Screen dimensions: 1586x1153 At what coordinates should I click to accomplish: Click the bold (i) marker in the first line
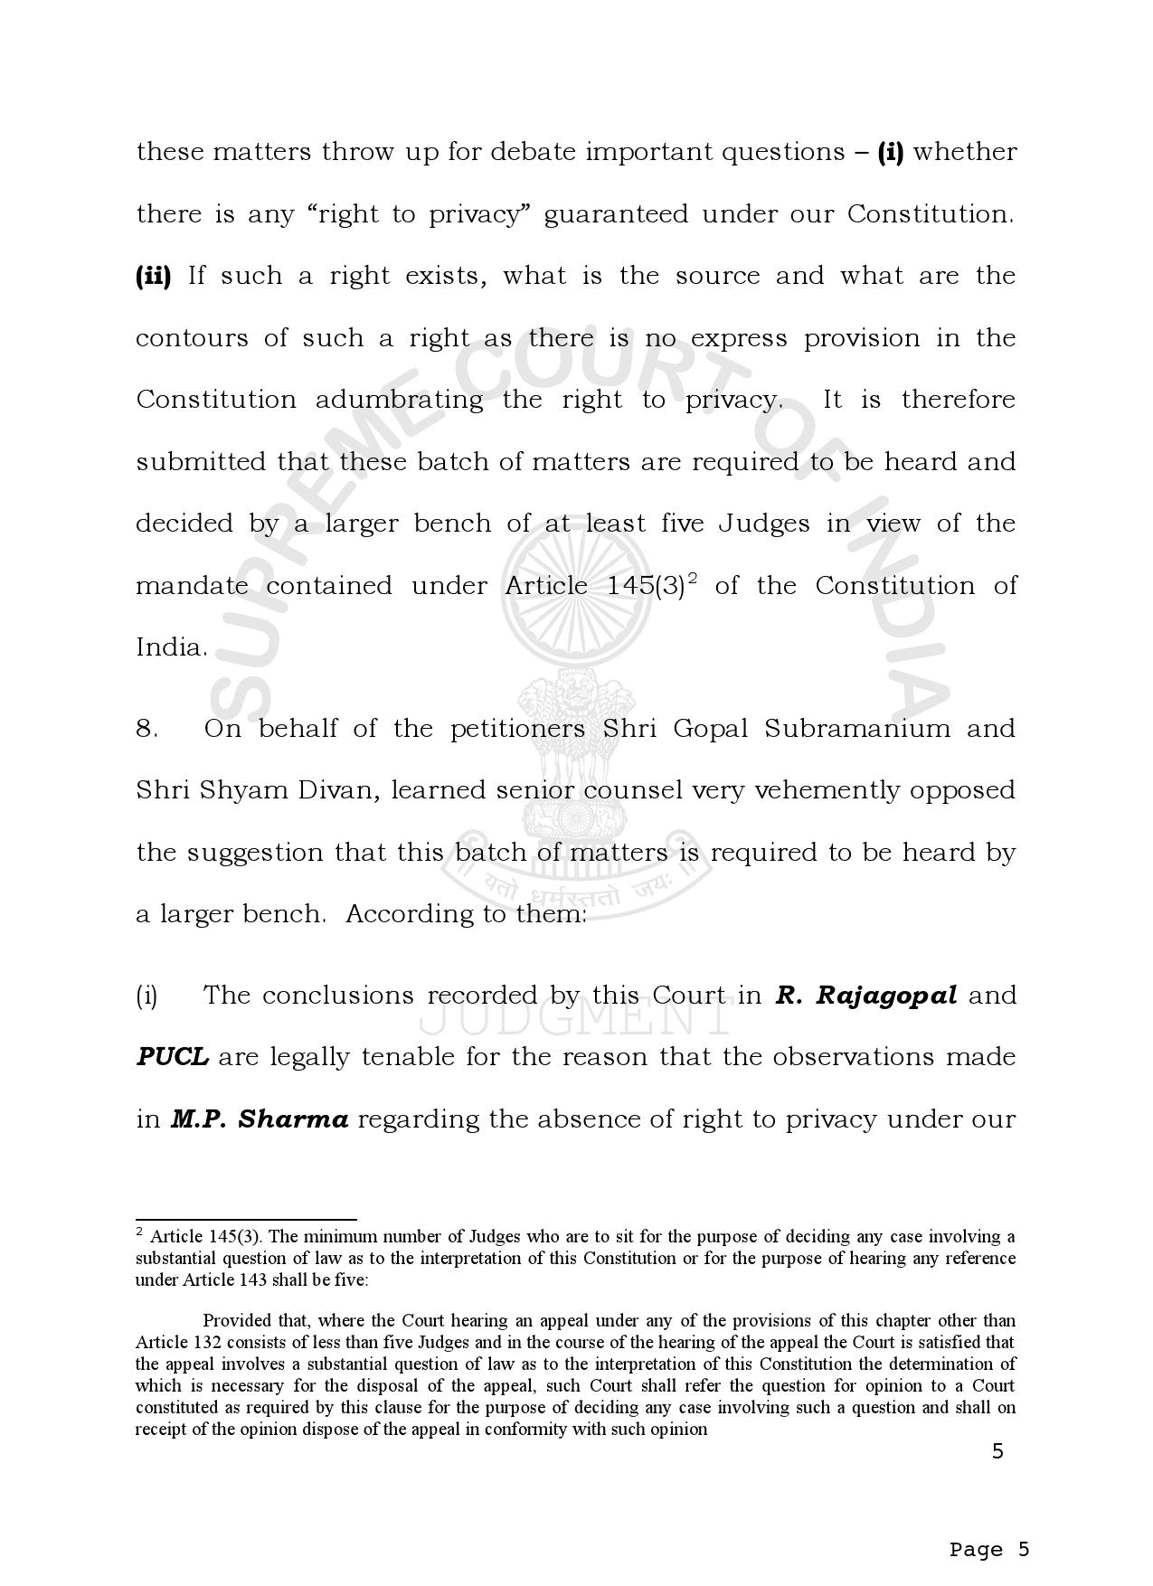tap(891, 152)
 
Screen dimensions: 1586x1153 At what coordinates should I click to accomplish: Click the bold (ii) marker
tap(153, 276)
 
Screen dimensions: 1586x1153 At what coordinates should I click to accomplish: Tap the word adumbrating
tap(399, 400)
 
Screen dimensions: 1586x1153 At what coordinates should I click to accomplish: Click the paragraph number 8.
tap(146, 729)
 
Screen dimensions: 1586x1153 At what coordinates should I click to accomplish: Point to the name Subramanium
tap(857, 729)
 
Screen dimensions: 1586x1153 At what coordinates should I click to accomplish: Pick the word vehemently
tap(813, 790)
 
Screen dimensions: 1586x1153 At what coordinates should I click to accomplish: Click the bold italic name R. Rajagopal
tap(865, 996)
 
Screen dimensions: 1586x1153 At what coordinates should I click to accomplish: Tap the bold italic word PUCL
tap(172, 1057)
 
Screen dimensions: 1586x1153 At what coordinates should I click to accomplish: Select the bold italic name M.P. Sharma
tap(260, 1119)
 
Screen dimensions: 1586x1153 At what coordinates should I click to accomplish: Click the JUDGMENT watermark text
tap(575, 1020)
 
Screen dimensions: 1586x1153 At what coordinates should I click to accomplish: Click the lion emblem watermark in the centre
tap(576, 760)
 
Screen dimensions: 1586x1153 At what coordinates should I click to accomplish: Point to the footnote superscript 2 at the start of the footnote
tap(140, 1232)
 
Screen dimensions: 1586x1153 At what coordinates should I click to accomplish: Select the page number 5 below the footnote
tap(997, 1452)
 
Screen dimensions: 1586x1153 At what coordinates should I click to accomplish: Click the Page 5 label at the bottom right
tap(989, 1549)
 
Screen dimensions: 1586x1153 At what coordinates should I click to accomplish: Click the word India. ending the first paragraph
tap(171, 648)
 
